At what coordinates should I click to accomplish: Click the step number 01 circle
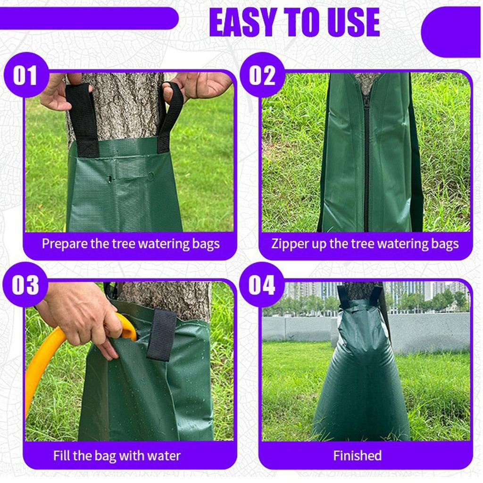click(25, 75)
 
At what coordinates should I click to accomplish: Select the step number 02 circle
click(262, 75)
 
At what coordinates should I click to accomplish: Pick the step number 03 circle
click(25, 285)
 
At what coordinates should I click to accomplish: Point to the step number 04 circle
click(262, 285)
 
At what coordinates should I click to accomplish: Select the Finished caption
click(357, 456)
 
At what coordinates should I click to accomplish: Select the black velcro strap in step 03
click(162, 335)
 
